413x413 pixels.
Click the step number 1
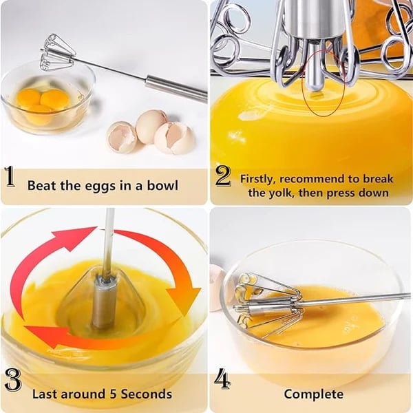(x=10, y=178)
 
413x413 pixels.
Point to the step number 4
(x=222, y=379)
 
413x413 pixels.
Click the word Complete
(x=313, y=394)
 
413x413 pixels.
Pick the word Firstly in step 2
(x=259, y=178)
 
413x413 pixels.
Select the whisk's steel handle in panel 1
(x=176, y=88)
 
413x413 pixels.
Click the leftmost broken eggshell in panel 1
(x=121, y=136)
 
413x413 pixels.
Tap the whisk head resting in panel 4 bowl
(x=265, y=303)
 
